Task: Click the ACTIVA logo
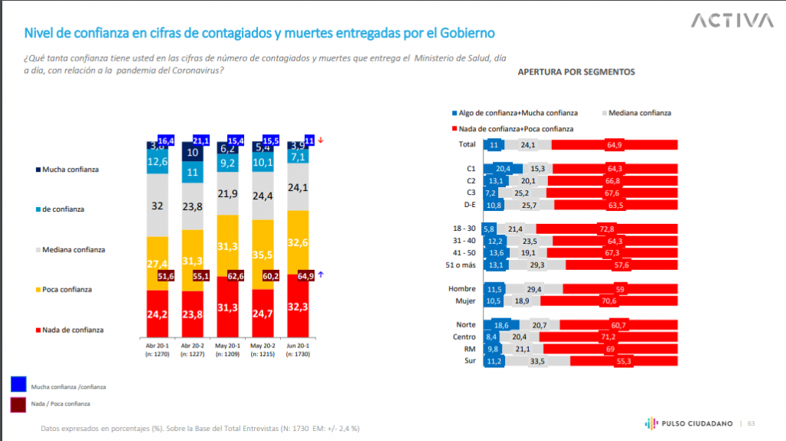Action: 732,21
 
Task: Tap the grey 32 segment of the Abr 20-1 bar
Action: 159,206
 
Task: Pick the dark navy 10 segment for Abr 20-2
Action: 193,152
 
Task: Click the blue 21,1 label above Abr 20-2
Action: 202,140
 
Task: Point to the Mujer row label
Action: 466,301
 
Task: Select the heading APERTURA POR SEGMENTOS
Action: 576,72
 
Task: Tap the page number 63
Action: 751,423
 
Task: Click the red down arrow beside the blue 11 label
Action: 321,140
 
